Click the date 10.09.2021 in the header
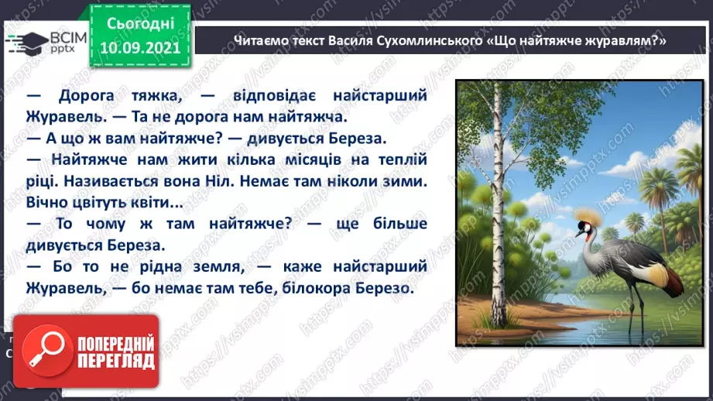(139, 46)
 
